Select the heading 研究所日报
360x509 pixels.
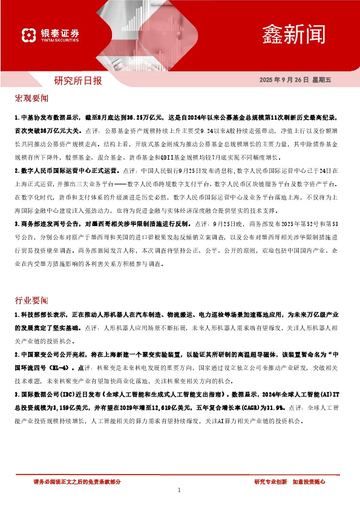click(78, 80)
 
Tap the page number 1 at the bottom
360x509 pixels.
click(180, 490)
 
